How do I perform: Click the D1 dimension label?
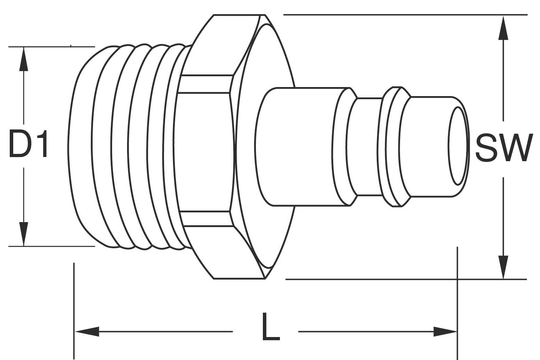[x=28, y=143]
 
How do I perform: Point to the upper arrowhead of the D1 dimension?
[x=24, y=59]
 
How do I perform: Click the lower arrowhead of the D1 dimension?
[x=24, y=234]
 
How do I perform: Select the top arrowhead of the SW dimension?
[x=503, y=28]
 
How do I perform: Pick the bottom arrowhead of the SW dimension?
[x=503, y=267]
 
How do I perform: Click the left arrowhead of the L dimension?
[x=87, y=331]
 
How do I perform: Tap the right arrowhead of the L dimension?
[x=445, y=331]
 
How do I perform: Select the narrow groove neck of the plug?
[x=369, y=146]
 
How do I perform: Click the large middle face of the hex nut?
[x=204, y=151]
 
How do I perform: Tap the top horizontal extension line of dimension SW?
[x=400, y=15]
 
